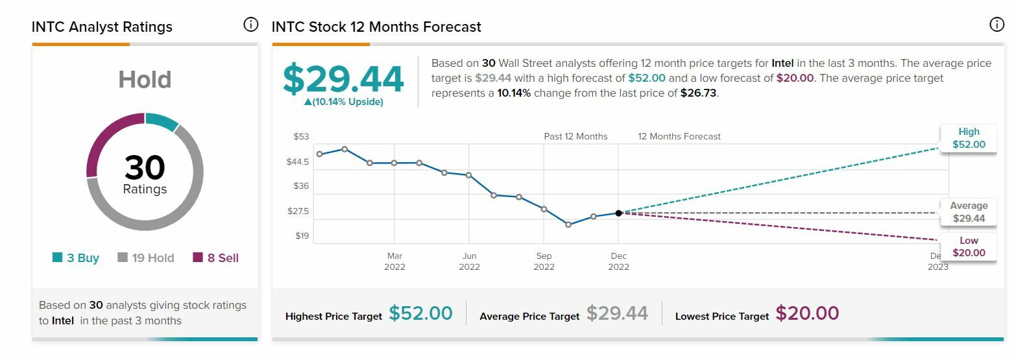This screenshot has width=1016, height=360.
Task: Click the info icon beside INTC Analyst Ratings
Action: point(250,25)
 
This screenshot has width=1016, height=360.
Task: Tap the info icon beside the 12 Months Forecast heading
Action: point(997,25)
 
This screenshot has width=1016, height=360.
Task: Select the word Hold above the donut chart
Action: point(145,80)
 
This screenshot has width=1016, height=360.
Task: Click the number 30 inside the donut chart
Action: point(145,167)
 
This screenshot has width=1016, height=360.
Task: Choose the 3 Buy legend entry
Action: point(76,258)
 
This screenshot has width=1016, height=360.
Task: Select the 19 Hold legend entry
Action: point(146,258)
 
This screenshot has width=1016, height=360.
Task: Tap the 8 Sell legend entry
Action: point(215,258)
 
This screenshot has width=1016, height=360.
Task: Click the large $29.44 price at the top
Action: point(343,78)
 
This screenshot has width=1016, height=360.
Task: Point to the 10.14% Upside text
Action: point(343,102)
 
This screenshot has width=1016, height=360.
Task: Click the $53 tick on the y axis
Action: point(301,137)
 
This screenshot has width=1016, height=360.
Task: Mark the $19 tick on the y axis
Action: point(302,235)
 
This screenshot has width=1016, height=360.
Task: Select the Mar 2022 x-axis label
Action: point(394,261)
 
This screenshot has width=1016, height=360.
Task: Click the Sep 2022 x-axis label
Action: point(544,261)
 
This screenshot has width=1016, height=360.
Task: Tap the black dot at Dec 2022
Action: point(618,213)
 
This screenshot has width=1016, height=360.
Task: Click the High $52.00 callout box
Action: point(969,138)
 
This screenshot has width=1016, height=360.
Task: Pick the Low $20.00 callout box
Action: point(969,247)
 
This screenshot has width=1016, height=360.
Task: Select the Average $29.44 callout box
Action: point(969,212)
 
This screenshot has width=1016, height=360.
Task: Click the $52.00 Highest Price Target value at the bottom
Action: point(420,313)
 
